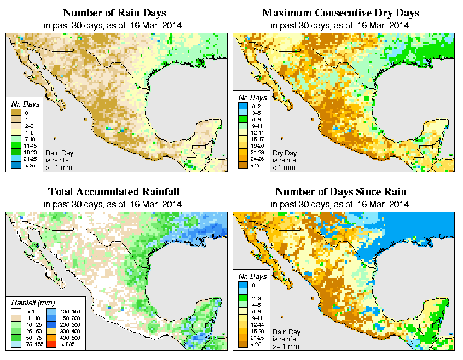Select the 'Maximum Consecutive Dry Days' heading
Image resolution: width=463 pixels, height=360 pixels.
(x=340, y=13)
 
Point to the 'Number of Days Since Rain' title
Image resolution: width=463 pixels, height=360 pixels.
(x=340, y=192)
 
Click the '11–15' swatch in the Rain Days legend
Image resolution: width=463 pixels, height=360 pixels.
(x=15, y=144)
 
